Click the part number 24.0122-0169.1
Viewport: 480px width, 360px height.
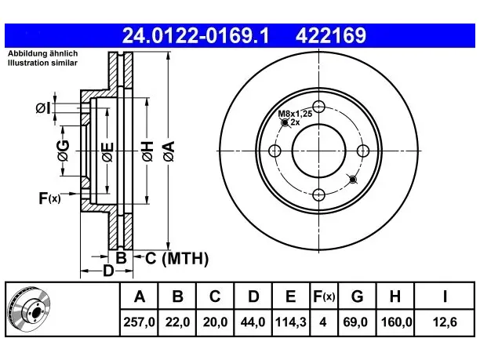(x=195, y=35)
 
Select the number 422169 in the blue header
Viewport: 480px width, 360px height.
(x=331, y=35)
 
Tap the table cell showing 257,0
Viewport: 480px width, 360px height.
(x=140, y=322)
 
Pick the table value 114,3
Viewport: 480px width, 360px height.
(x=290, y=322)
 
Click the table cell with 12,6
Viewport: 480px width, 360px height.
(x=445, y=322)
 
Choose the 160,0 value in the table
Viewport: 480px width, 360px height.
(x=395, y=322)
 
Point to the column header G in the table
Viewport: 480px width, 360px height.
(x=357, y=296)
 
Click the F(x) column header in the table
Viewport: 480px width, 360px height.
(x=324, y=296)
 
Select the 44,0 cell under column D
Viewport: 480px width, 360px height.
(x=253, y=322)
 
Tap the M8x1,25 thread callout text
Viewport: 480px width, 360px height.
(x=295, y=114)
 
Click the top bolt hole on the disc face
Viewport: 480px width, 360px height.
(x=318, y=107)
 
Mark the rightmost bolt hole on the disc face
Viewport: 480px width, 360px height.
(x=363, y=151)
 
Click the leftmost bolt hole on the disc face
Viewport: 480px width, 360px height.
(x=275, y=151)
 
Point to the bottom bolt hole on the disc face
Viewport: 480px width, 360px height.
(x=318, y=195)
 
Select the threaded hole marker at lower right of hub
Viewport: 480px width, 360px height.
(x=353, y=180)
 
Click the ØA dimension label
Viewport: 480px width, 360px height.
(x=169, y=151)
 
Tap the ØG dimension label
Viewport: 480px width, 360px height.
(x=63, y=151)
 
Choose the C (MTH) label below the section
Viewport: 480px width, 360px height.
(x=177, y=258)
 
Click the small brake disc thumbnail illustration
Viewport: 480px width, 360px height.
(x=30, y=309)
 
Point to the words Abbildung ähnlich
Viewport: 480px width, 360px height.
(x=43, y=53)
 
